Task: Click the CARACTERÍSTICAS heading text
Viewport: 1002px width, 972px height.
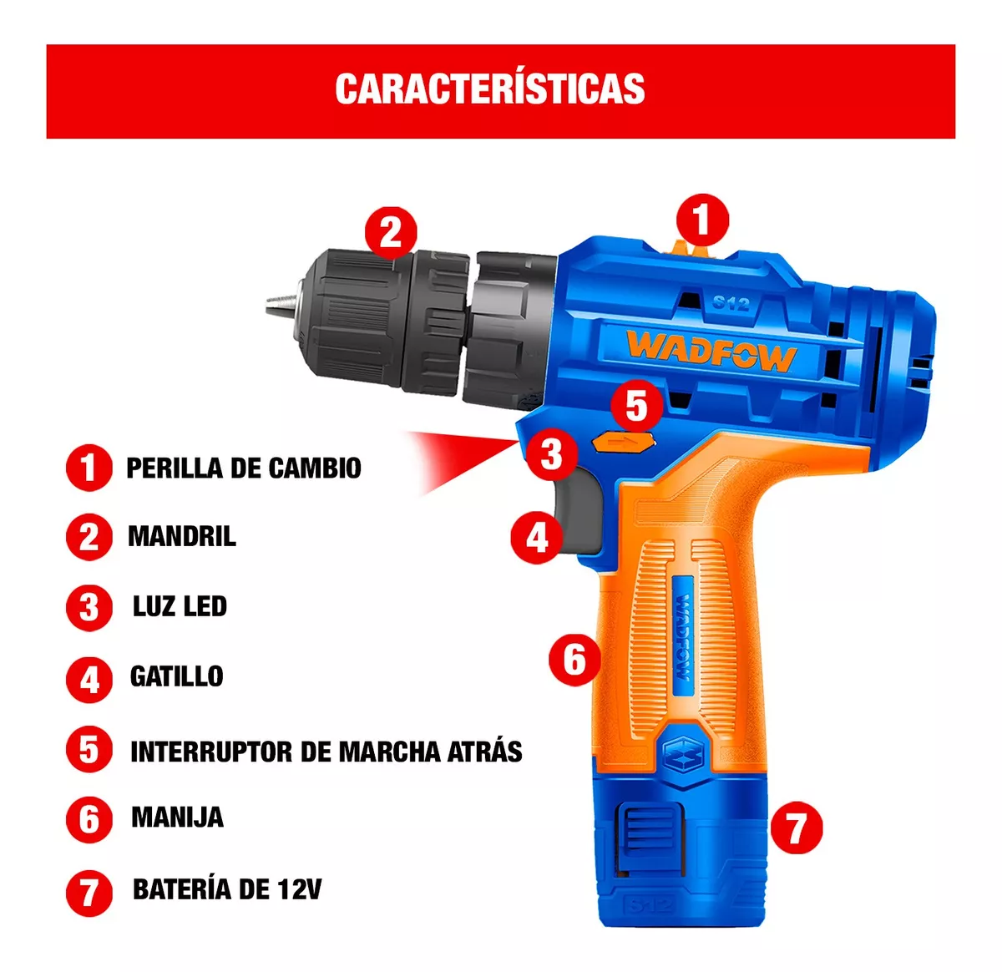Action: coord(489,89)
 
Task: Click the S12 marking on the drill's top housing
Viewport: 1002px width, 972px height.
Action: coord(731,303)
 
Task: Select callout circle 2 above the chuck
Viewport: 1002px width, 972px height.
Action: coord(391,233)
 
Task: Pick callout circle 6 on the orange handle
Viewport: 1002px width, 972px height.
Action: coord(574,660)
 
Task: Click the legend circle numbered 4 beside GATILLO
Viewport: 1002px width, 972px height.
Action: coord(89,680)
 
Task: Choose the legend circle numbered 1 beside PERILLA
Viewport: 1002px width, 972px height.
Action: coord(89,468)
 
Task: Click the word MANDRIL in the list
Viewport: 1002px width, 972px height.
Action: coord(181,536)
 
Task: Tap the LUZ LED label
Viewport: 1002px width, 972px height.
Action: coord(180,606)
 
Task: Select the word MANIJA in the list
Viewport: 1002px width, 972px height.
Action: coord(177,817)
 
